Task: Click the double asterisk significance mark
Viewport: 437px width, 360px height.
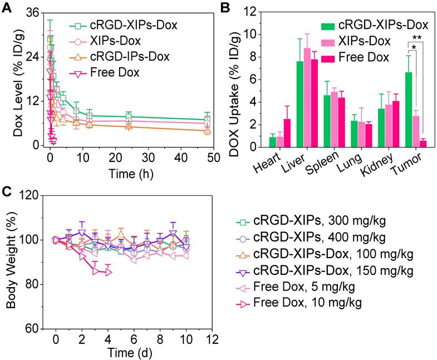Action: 416,38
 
